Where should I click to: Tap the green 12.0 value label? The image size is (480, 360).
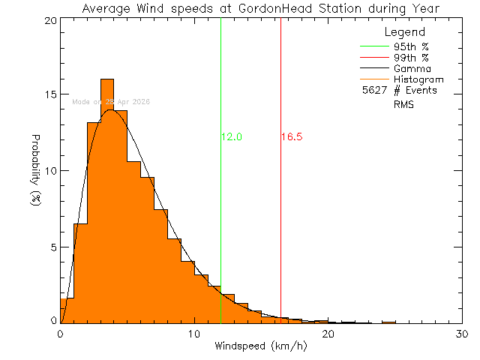coord(232,137)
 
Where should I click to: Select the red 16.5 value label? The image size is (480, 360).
coord(292,137)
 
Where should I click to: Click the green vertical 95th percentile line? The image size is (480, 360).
coord(220,225)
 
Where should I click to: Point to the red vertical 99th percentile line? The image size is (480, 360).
coord(280,225)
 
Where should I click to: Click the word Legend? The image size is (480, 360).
coord(404,32)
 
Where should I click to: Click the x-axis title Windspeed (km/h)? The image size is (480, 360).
coord(261,346)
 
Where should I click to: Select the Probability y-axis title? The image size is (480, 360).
coord(35,171)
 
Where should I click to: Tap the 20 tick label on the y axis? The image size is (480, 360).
coord(49,20)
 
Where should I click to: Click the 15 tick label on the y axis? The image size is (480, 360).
coord(49,95)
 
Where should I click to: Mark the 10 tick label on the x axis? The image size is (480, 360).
coord(194,334)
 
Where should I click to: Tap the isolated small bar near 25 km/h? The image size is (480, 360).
coord(388,322)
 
